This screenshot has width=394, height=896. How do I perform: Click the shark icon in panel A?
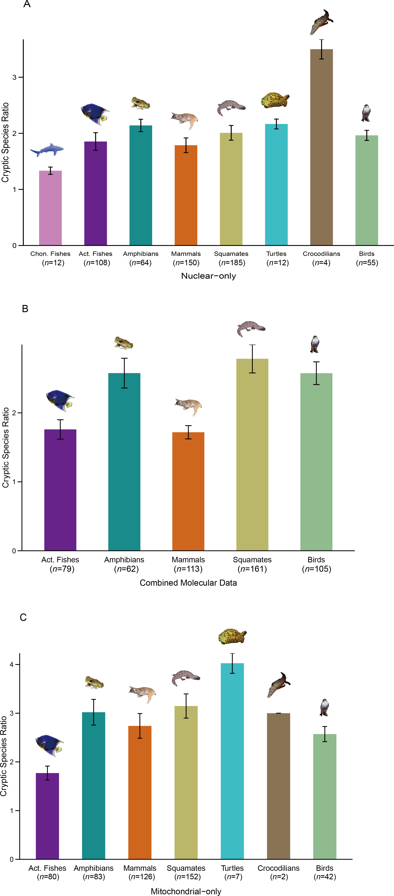[47, 150]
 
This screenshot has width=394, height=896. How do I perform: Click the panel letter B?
[25, 308]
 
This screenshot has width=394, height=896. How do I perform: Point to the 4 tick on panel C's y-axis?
[12, 664]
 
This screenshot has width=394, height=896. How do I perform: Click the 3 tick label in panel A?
[15, 77]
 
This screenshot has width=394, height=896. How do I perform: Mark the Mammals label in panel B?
[188, 560]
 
